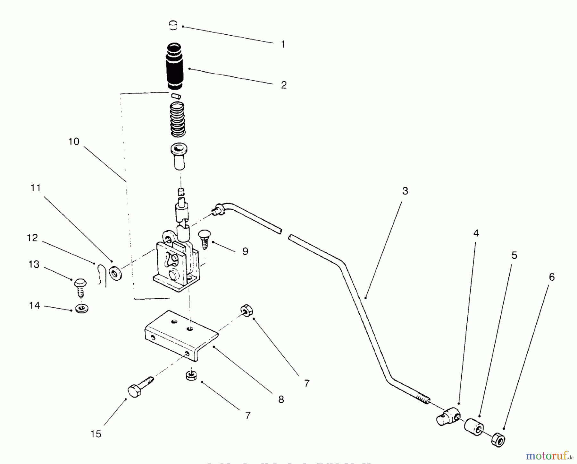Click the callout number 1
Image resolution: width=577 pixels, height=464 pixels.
tap(283, 45)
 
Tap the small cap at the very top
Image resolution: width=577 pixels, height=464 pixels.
tap(173, 25)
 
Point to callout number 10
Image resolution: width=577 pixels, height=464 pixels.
tap(74, 142)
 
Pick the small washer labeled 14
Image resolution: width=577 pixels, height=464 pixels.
tap(82, 309)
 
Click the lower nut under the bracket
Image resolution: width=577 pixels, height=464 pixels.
tap(191, 375)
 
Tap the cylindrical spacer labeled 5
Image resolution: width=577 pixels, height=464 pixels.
tap(473, 426)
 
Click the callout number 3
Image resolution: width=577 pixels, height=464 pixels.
tap(405, 191)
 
